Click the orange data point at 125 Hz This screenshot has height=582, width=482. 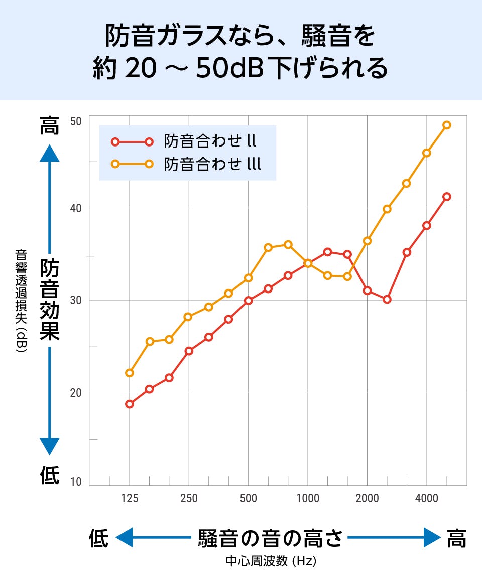coord(130,373)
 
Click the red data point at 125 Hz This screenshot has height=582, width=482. coord(130,404)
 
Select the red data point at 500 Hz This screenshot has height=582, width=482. coord(249,301)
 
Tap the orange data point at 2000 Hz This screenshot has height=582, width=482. coord(368,241)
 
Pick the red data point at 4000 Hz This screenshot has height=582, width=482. coord(427,226)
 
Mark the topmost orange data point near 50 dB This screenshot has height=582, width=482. coord(447,125)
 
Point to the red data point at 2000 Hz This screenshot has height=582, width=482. coord(368,290)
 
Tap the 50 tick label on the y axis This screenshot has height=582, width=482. coord(76,121)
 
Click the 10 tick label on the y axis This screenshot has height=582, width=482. coord(76,482)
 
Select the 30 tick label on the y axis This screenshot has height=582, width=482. coord(76,301)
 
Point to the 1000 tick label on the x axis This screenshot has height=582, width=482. coord(308,499)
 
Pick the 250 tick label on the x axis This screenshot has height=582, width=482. coord(189,499)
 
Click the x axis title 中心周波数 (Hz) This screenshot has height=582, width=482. coord(271,561)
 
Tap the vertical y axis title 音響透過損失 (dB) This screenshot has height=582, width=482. coord(21,301)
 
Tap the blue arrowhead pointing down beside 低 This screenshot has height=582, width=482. coord(49,446)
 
